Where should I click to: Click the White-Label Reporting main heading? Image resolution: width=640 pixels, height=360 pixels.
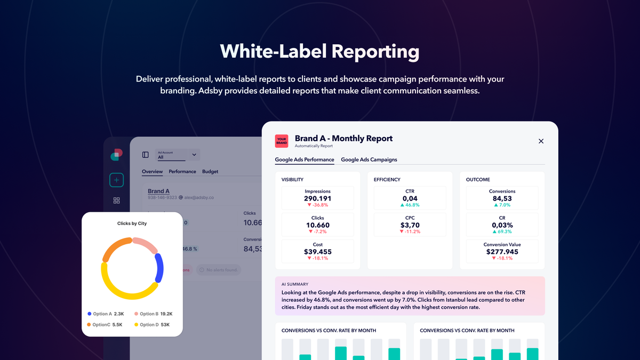[319, 52]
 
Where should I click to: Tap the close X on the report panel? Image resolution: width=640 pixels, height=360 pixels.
[541, 141]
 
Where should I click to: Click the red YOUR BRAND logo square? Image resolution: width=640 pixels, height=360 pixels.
[282, 141]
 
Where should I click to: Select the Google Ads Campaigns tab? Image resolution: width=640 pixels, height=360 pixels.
[369, 159]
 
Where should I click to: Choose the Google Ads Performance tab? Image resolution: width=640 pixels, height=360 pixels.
[305, 159]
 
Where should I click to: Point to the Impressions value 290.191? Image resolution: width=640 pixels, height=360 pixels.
[317, 198]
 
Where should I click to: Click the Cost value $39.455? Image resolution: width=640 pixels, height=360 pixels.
[317, 252]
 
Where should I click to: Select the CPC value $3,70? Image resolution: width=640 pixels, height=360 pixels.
[410, 225]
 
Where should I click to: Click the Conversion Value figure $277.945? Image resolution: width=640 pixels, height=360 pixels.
[502, 252]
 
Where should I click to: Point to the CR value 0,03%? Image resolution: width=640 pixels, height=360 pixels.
[502, 225]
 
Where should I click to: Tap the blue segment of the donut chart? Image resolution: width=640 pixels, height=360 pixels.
[159, 268]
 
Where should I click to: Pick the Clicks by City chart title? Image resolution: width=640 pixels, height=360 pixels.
[132, 223]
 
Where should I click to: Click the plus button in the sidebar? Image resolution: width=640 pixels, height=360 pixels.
[116, 180]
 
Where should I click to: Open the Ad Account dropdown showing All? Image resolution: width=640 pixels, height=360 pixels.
[178, 155]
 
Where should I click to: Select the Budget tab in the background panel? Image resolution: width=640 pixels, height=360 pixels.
[210, 172]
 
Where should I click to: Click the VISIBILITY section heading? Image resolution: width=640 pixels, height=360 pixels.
[292, 180]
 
